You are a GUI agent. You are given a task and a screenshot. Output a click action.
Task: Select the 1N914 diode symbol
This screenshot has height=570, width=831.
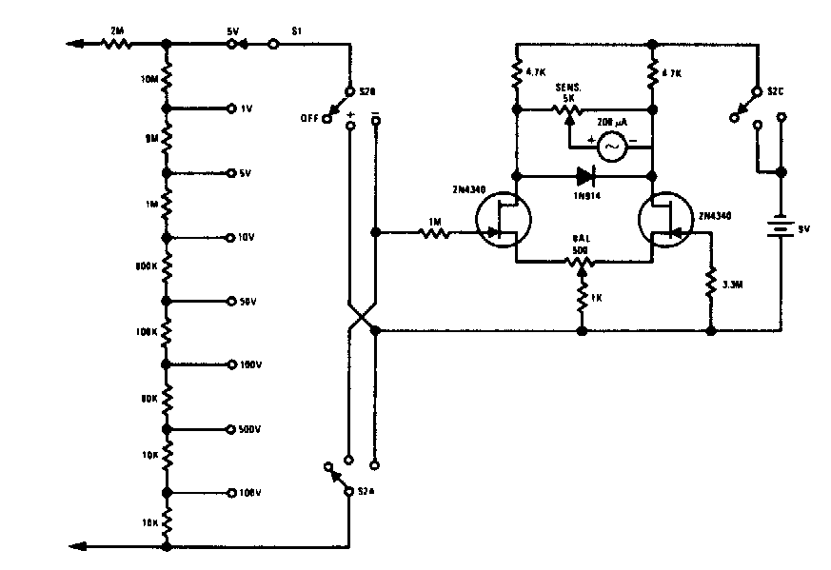[584, 176]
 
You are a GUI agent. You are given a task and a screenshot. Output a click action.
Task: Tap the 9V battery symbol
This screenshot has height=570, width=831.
[782, 228]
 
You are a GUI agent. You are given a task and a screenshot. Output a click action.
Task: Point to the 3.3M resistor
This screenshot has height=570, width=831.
[710, 284]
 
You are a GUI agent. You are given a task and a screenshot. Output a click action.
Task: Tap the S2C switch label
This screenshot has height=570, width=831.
[774, 91]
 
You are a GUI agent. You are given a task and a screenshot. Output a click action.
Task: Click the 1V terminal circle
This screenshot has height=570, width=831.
[231, 108]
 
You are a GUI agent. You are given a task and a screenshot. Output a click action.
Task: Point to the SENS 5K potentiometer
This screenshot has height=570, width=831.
[568, 108]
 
